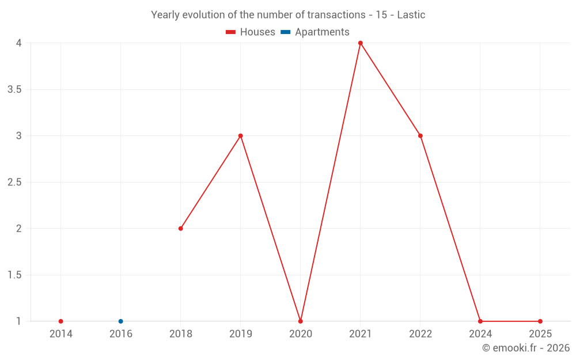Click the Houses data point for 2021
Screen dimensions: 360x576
[361, 43]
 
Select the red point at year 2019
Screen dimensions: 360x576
[241, 136]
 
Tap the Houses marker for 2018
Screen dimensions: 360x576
[181, 229]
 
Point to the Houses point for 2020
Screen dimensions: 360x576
[301, 321]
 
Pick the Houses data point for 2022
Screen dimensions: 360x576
[420, 136]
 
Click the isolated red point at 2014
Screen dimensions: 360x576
[61, 321]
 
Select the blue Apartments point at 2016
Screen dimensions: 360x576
[121, 321]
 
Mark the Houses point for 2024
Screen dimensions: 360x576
[480, 321]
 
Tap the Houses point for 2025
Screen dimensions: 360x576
[540, 321]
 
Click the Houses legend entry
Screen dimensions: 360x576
[251, 32]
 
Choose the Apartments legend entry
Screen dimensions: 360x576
[315, 32]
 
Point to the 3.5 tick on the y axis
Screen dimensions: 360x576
[14, 89]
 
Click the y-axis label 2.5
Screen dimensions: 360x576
[14, 182]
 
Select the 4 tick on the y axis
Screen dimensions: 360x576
[19, 43]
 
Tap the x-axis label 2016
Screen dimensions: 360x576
[121, 334]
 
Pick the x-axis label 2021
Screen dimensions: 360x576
[361, 334]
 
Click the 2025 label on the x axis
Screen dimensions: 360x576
[540, 334]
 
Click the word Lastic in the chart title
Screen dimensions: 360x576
[411, 15]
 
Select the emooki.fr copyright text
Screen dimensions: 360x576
[526, 348]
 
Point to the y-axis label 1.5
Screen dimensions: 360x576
[14, 275]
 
